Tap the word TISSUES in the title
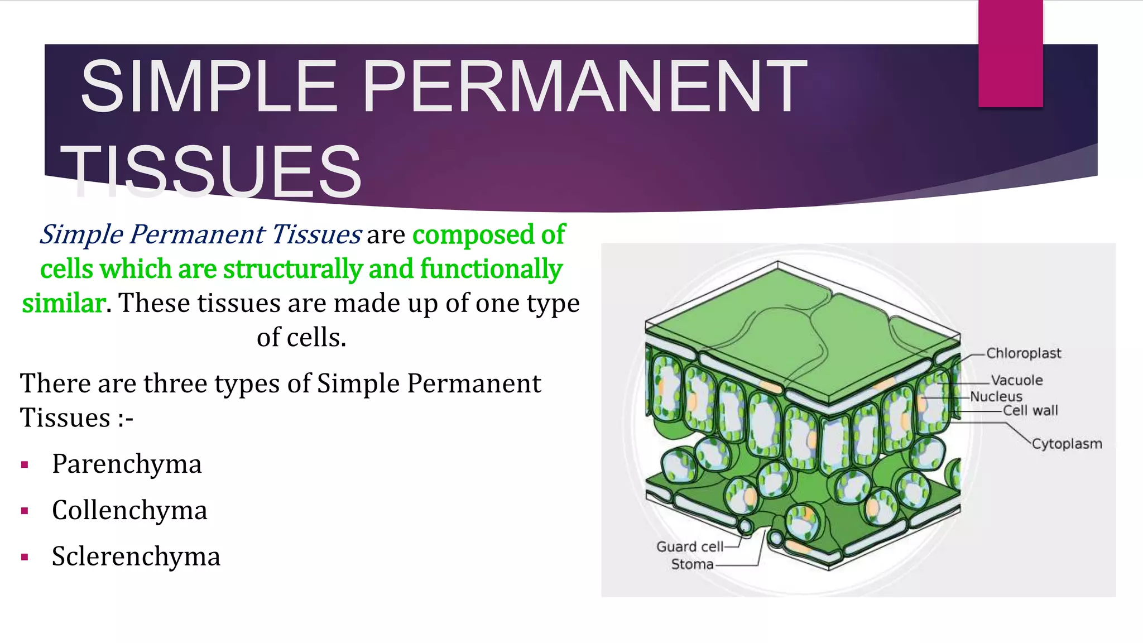pos(212,171)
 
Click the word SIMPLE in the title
pos(209,87)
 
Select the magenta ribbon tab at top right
pos(1010,53)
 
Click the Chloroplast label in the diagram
pos(1024,353)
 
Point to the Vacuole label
pos(1017,380)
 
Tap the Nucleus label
pos(996,397)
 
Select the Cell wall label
pos(1030,411)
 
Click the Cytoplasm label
pos(1067,444)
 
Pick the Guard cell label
pos(689,546)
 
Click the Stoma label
pos(692,564)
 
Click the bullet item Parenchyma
pos(127,464)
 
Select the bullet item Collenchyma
pos(129,510)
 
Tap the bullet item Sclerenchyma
pos(136,556)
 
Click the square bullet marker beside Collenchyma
pos(24,511)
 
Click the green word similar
pos(63,303)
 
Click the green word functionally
pos(491,269)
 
